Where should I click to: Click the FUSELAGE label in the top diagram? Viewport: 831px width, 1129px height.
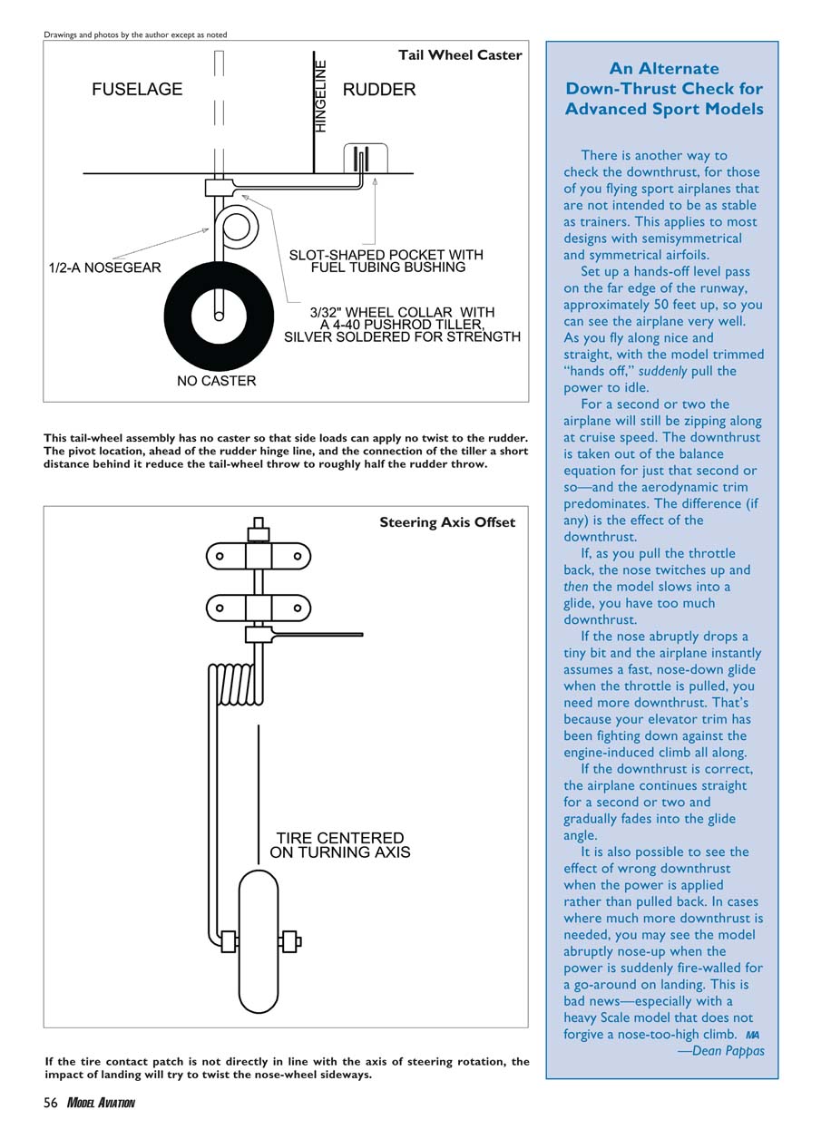click(137, 90)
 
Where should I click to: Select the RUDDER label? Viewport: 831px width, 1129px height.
click(379, 90)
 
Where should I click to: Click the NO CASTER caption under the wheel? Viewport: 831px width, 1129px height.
click(216, 381)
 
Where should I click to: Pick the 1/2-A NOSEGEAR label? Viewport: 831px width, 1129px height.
click(104, 268)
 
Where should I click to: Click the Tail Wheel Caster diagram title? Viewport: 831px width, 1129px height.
click(460, 55)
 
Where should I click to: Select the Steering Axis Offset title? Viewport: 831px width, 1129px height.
click(447, 522)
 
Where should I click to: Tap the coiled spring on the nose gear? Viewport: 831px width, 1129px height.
click(235, 685)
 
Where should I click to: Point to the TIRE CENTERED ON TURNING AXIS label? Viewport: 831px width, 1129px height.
click(340, 845)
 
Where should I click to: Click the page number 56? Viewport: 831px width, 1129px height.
click(51, 1103)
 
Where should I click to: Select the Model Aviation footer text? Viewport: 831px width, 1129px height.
click(101, 1103)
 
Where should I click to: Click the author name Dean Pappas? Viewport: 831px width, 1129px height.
click(728, 1051)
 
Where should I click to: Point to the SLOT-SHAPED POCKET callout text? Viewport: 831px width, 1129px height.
click(386, 261)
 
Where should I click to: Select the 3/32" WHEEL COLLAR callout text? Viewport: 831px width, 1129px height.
click(402, 325)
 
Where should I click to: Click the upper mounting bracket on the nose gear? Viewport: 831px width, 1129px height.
click(259, 555)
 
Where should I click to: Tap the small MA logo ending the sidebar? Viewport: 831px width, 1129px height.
click(751, 1035)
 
